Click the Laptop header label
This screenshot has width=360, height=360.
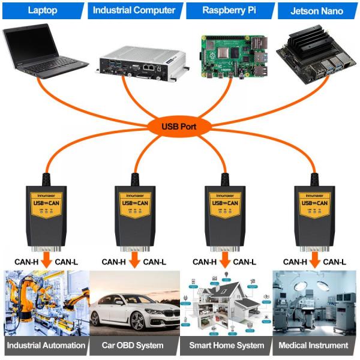[x=44, y=10]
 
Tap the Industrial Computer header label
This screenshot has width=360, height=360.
[x=134, y=10]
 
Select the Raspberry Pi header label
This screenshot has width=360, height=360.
[x=226, y=10]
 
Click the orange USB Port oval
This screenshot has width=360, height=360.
[x=179, y=127]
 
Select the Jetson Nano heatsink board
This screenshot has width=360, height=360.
[x=314, y=53]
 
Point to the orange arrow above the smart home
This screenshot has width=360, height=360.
[x=224, y=262]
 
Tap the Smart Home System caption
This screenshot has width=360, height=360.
[x=226, y=345]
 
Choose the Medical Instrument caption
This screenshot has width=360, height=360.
[x=313, y=345]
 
